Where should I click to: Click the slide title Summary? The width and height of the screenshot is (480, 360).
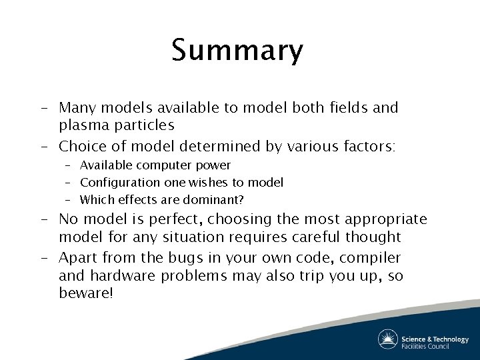[x=237, y=51]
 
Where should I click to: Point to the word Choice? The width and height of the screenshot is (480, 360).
[x=80, y=146]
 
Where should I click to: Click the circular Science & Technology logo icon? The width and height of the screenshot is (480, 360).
[x=388, y=339]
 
